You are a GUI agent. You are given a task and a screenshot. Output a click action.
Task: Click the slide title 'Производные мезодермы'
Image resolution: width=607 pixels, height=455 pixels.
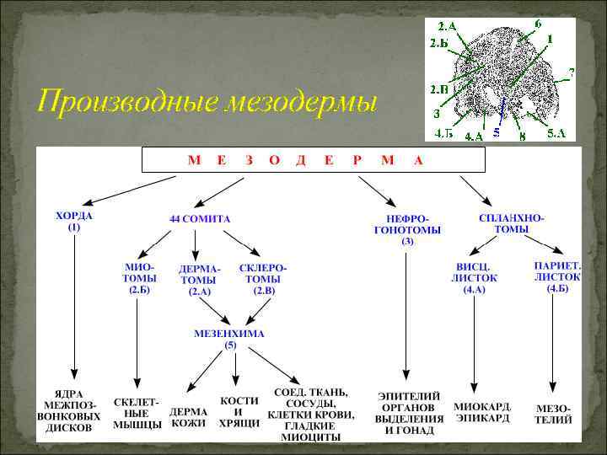[207, 102]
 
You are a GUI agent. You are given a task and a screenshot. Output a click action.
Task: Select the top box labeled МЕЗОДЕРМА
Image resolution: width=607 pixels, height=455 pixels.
[314, 160]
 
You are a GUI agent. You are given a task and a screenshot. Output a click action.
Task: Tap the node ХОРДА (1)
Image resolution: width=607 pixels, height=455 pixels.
[74, 222]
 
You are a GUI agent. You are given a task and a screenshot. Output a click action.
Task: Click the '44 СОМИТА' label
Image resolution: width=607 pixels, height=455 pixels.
[200, 218]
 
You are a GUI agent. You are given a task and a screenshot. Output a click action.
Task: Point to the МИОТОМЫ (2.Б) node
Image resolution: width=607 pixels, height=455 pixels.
[139, 277]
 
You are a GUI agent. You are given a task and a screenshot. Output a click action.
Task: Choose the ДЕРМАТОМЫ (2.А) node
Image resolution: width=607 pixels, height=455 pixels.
[199, 280]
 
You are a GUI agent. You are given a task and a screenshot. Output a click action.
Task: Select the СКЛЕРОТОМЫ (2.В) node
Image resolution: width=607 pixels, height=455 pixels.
[263, 277]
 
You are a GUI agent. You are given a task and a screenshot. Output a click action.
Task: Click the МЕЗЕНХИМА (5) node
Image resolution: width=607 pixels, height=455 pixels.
[229, 339]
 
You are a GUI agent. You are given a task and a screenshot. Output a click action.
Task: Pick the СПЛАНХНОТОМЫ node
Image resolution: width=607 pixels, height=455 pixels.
[511, 223]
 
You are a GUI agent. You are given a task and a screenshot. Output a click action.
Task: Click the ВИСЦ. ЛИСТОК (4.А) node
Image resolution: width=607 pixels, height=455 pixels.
[474, 277]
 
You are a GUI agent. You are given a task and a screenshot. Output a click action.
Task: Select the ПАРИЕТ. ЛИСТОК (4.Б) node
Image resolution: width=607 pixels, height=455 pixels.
[556, 276]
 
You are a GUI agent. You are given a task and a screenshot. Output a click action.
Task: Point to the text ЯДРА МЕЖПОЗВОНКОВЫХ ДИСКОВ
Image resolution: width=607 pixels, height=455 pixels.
[73, 410]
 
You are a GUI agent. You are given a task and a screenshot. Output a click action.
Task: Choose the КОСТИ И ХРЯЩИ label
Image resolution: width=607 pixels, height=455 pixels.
[239, 412]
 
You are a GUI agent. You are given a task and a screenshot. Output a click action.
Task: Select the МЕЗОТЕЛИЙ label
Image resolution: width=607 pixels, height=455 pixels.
[554, 413]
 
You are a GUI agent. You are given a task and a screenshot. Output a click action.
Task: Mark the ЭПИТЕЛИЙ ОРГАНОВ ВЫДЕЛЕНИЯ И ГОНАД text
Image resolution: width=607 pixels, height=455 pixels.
[410, 413]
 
